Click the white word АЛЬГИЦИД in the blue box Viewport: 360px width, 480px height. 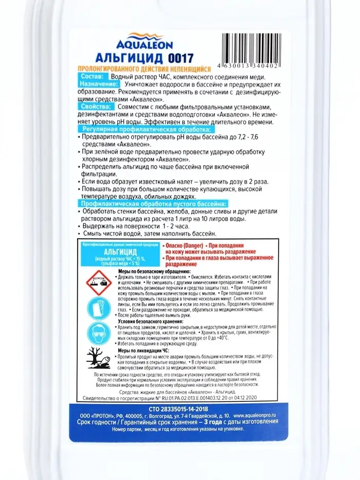pos(120,252)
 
